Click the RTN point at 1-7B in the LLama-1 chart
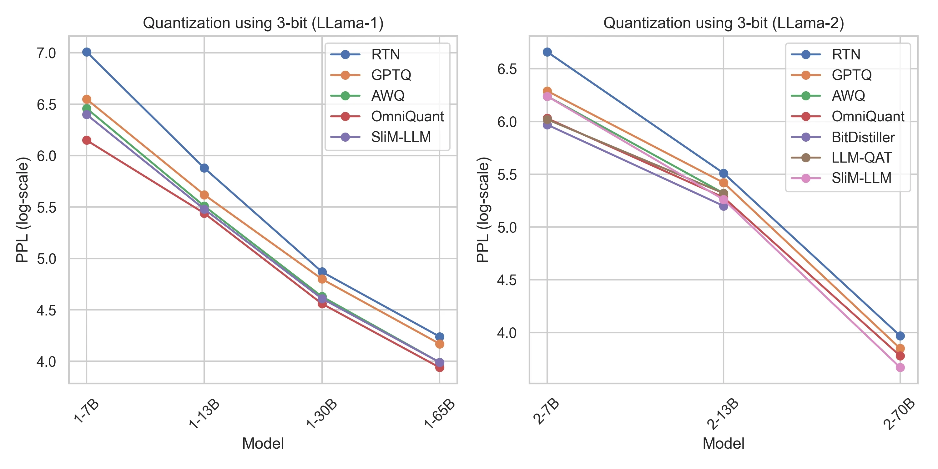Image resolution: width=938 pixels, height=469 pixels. click(87, 52)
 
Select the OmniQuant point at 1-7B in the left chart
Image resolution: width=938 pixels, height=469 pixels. click(87, 140)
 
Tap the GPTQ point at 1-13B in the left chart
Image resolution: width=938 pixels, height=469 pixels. click(204, 195)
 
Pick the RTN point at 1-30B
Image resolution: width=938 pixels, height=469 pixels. click(322, 272)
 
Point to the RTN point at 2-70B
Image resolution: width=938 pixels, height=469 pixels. click(900, 336)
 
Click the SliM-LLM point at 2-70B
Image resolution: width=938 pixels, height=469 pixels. click(900, 367)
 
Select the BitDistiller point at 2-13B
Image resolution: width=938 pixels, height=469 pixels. click(724, 206)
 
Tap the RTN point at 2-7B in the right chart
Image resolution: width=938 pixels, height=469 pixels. click(547, 52)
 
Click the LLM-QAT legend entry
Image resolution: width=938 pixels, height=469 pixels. click(861, 158)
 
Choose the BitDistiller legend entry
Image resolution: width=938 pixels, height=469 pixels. click(863, 137)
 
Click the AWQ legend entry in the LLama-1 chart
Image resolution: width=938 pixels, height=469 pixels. click(387, 96)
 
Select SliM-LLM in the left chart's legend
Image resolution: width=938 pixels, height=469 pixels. click(401, 137)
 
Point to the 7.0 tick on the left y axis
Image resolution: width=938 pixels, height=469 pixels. click(46, 53)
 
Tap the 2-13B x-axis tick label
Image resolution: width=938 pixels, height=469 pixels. click(723, 414)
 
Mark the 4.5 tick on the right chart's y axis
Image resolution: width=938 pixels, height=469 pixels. click(507, 280)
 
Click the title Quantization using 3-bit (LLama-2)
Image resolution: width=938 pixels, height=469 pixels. click(724, 23)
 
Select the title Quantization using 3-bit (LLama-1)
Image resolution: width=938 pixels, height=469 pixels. click(263, 23)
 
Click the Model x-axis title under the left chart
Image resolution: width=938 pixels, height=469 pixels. click(263, 443)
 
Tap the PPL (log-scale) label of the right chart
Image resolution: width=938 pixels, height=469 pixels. click(483, 210)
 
